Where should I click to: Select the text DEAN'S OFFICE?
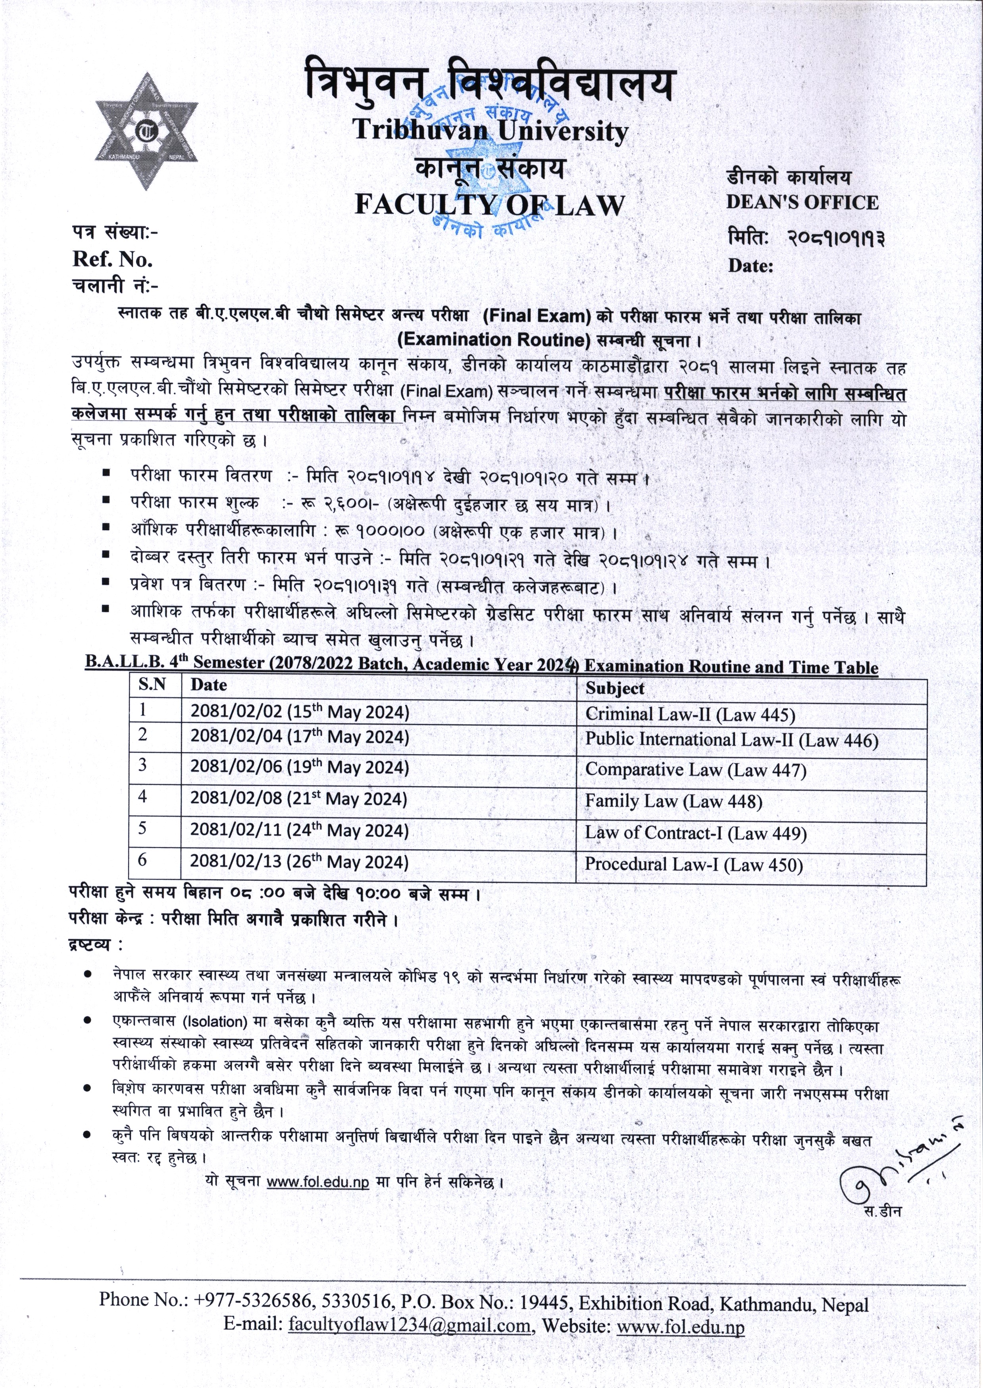802,202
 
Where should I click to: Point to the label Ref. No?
113,259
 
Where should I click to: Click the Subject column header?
614,688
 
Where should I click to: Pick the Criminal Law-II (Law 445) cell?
690,715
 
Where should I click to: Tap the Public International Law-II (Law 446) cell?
731,740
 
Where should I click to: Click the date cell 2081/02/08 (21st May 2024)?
299,799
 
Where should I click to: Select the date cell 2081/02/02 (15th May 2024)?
300,712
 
